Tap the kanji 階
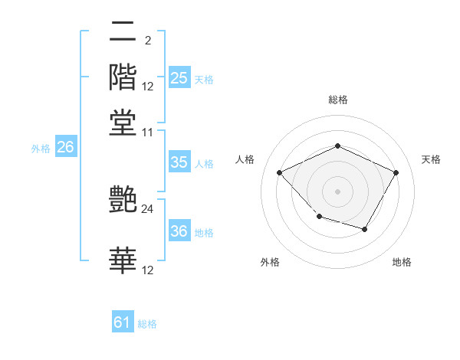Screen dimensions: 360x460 coord(123,77)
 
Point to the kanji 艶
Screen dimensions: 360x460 coord(123,201)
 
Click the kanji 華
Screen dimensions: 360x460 coord(123,260)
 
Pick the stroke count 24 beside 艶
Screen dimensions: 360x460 coord(148,208)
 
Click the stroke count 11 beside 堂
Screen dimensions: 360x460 coord(148,132)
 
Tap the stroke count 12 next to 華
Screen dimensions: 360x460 coord(148,269)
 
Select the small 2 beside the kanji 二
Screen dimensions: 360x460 coord(147,41)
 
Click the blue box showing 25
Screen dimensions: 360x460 coord(179,78)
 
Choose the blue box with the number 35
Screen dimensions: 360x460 coord(179,162)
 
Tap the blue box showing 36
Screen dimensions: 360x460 coord(179,232)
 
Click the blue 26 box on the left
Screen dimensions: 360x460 coord(65,148)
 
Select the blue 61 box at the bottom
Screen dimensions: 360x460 coord(123,322)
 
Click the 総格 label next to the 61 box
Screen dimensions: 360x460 coord(147,324)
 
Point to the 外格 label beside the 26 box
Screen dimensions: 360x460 coord(41,149)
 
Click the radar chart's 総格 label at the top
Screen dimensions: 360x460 coord(337,100)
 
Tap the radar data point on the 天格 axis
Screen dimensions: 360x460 coord(396,172)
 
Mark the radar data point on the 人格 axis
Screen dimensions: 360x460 coord(279,172)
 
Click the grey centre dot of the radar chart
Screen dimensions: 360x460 coord(337,191)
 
